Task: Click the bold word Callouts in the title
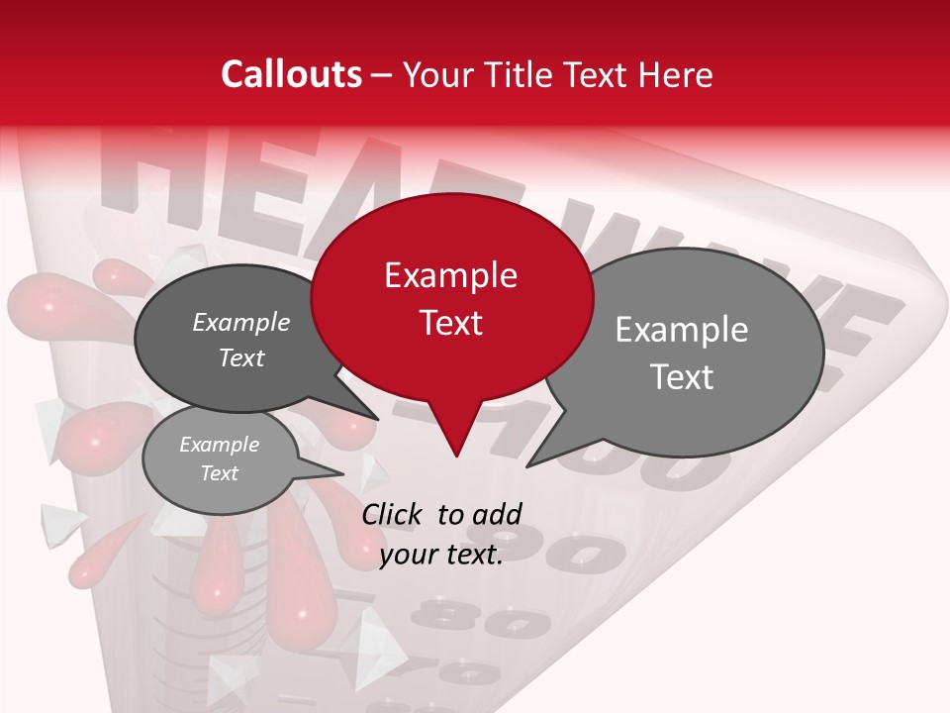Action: [291, 74]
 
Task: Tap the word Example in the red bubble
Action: [450, 275]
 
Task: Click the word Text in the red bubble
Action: [450, 323]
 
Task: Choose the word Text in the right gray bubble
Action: [682, 377]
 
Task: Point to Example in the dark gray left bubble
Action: [240, 323]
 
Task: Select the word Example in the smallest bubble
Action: [219, 445]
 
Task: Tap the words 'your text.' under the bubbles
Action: [441, 555]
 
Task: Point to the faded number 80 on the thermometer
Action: [495, 622]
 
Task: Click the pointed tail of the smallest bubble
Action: [341, 472]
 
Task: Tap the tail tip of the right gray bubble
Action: [527, 465]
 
